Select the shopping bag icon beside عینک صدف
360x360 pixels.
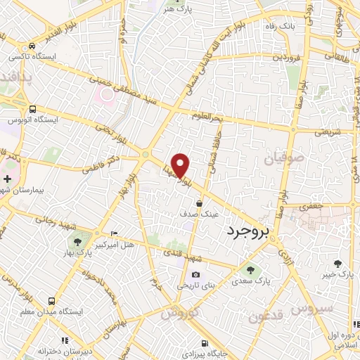coord(200,204)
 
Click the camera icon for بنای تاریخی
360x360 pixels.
coord(195,275)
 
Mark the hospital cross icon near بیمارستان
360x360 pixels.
coord(7,160)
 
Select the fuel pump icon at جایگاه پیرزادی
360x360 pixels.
coord(204,344)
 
